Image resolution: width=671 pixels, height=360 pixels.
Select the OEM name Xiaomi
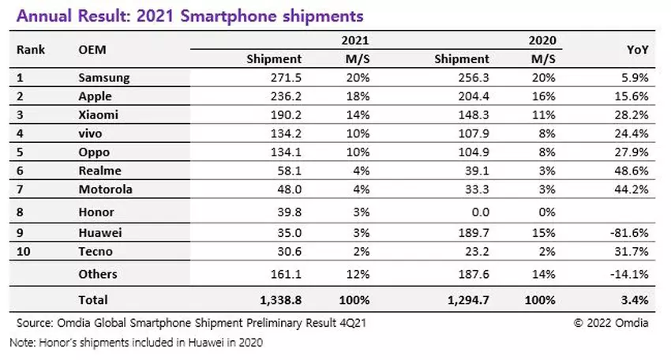click(x=99, y=115)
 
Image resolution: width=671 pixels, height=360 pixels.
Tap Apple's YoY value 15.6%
click(x=635, y=96)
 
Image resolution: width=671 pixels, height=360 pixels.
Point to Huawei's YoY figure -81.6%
click(x=633, y=234)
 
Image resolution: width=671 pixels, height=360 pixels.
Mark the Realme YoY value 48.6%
click(x=635, y=171)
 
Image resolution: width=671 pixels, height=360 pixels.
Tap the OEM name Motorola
click(x=106, y=189)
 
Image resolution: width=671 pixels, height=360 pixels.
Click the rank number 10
click(x=24, y=252)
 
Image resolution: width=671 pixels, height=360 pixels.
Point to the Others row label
click(x=98, y=275)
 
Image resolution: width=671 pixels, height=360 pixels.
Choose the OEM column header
click(x=92, y=50)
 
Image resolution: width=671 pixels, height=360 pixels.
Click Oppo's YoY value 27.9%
click(x=635, y=152)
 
